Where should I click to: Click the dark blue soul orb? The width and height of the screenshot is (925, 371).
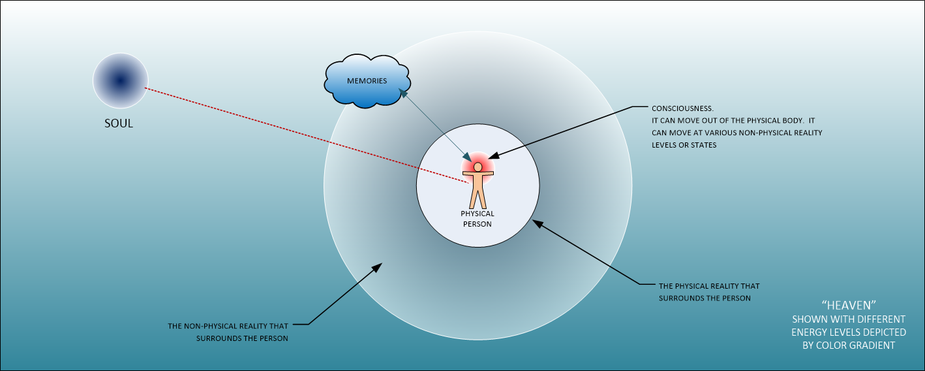click(x=120, y=80)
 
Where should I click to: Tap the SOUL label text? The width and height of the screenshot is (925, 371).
click(x=119, y=123)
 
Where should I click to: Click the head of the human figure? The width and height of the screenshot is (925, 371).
click(x=478, y=167)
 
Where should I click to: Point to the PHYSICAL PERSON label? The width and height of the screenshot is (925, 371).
click(x=478, y=219)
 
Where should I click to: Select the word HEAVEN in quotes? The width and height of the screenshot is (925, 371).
click(x=848, y=305)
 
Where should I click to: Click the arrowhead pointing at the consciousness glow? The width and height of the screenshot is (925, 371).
click(x=493, y=156)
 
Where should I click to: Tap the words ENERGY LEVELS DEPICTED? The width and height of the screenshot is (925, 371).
click(x=848, y=332)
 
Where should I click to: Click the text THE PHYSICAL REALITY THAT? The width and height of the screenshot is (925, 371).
click(x=709, y=286)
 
